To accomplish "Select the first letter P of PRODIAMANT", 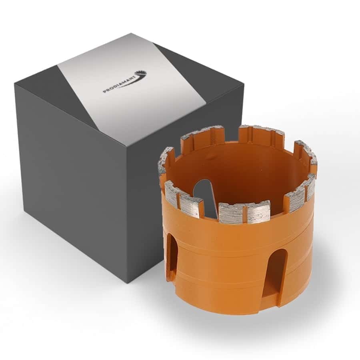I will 104,92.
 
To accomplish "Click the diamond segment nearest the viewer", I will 244,212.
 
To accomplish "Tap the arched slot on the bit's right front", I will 276,272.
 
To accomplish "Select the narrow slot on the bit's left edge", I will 171,256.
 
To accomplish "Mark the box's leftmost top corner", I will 15,84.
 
